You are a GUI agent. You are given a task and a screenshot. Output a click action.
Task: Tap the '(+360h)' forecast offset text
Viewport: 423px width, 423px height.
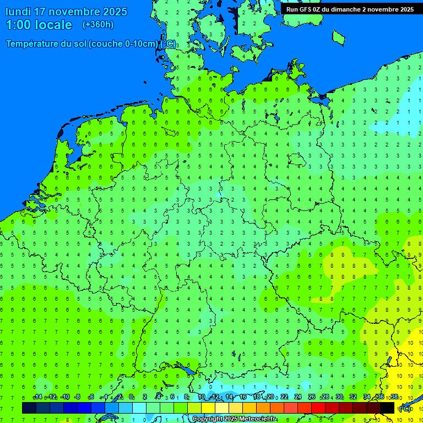(x=98, y=24)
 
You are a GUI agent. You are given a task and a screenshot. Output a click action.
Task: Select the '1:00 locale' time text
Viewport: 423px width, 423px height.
(x=39, y=25)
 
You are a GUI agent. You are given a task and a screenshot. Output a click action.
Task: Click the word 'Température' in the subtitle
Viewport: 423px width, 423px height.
(x=34, y=44)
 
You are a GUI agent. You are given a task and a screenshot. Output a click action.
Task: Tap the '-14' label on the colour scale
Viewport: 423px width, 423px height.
(x=37, y=397)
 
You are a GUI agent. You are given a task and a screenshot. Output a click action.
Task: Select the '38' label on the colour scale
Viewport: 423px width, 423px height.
(x=394, y=397)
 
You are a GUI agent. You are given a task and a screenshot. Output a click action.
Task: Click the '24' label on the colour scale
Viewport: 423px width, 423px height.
(x=298, y=397)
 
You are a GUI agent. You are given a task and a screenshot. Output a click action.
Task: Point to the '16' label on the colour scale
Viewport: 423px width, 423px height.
(x=243, y=397)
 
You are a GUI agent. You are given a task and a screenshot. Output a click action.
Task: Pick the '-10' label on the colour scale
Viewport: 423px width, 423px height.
(x=65, y=397)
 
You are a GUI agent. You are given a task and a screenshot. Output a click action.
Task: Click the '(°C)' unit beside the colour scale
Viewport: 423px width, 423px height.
(x=405, y=409)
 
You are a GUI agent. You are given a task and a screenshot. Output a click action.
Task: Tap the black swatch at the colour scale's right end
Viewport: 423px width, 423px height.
(x=387, y=408)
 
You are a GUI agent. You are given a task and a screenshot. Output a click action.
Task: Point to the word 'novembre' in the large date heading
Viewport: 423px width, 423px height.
(x=73, y=12)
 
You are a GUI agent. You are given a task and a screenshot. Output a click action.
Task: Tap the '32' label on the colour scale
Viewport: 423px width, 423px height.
(x=353, y=397)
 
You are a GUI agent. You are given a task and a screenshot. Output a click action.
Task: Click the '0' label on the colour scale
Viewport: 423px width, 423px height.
(x=132, y=397)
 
